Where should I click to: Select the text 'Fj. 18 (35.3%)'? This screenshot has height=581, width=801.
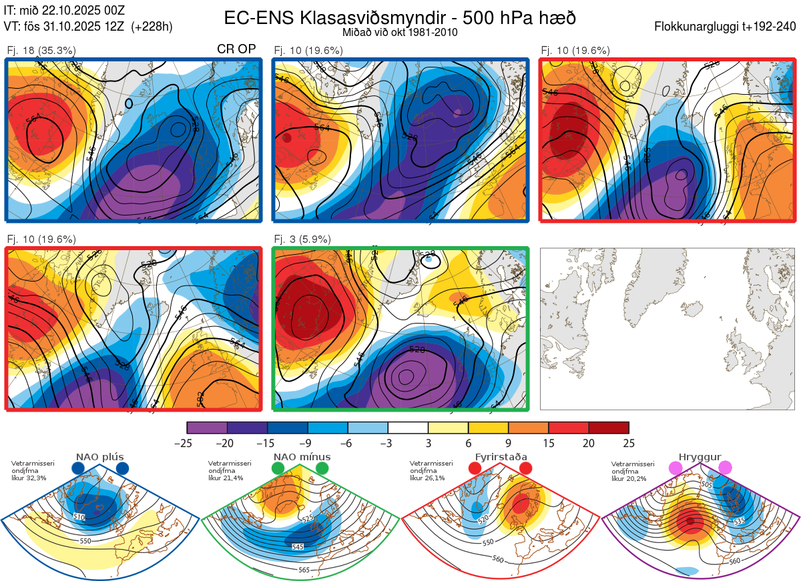(x=41, y=50)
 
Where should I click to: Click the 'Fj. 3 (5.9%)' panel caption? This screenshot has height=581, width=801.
(x=303, y=239)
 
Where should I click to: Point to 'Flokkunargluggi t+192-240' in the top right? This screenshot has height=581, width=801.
(x=725, y=27)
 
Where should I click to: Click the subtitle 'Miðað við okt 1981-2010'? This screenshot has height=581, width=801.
(x=400, y=32)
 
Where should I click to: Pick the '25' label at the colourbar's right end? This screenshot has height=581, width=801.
(x=628, y=443)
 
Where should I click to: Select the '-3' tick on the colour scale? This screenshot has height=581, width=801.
(x=388, y=443)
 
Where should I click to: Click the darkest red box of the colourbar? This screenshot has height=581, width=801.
(x=609, y=428)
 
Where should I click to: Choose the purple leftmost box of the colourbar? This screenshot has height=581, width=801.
(x=207, y=428)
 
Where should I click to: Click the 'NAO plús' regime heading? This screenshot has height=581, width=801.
(x=99, y=458)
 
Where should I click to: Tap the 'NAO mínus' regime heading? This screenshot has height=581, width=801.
(x=302, y=458)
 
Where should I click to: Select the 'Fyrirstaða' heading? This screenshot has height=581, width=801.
(x=499, y=458)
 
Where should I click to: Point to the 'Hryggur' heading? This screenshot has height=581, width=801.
(x=700, y=458)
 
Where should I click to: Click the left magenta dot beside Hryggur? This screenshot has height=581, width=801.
(x=677, y=469)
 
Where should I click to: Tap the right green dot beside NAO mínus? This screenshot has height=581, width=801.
(x=323, y=469)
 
